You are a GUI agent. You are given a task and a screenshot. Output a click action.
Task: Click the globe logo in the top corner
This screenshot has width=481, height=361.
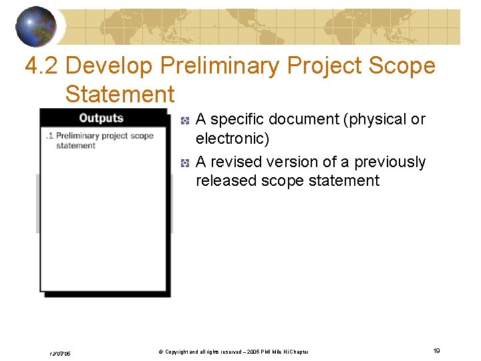coord(37,26)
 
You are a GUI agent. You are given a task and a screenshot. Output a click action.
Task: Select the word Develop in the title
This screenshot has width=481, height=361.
coord(110,66)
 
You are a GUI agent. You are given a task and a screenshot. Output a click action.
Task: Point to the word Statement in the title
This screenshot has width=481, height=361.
coord(120,94)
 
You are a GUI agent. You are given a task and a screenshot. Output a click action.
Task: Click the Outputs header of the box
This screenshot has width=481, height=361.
coord(102,118)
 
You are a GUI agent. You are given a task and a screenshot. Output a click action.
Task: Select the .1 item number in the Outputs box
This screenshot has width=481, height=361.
coord(49,136)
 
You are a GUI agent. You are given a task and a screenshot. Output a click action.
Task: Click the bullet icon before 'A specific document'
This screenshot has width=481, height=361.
coord(185,120)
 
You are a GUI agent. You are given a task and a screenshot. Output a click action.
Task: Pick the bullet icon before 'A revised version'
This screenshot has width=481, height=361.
coord(185,163)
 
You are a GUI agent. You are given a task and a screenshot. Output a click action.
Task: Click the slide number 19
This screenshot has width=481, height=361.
coord(436,351)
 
